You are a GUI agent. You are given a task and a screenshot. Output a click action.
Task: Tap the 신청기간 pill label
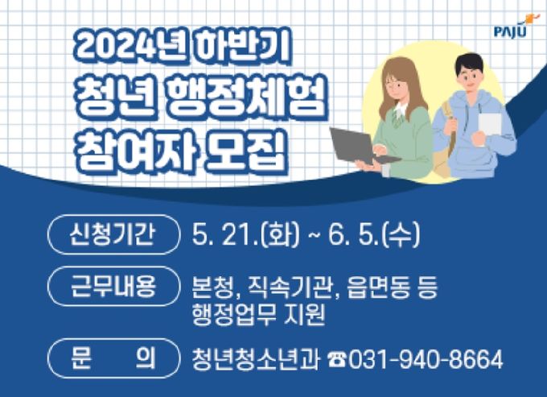[x=113, y=234]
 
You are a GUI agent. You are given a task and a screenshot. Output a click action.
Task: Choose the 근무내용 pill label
[x=113, y=287]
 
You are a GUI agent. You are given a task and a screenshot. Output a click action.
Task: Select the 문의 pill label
[x=113, y=358]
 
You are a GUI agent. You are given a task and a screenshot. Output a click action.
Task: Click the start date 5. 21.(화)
[x=245, y=234]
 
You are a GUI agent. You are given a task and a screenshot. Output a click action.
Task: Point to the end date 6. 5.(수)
[x=374, y=234]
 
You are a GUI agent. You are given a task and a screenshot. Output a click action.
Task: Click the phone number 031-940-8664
[x=426, y=359]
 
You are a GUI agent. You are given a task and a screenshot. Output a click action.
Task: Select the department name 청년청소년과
[x=255, y=359]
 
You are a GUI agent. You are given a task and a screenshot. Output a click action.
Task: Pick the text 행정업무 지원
[x=258, y=314]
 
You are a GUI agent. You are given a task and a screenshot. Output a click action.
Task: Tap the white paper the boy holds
[x=489, y=125]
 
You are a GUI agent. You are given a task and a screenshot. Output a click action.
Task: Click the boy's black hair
[x=471, y=63]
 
